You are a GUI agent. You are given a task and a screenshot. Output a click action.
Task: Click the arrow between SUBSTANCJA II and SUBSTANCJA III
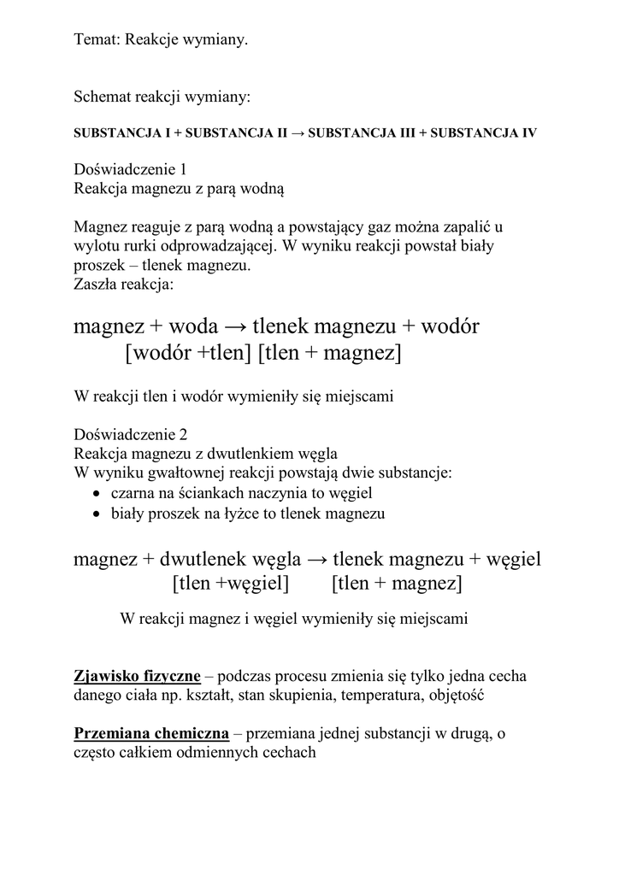(x=298, y=134)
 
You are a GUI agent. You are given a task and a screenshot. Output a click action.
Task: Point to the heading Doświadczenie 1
(x=130, y=169)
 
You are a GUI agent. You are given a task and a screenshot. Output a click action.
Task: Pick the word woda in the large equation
(x=194, y=326)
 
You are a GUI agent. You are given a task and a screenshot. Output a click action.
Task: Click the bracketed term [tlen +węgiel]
(x=230, y=584)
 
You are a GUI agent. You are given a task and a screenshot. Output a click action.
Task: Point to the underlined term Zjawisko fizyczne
(x=138, y=677)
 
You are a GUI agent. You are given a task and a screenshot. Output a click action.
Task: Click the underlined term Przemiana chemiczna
(x=151, y=734)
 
